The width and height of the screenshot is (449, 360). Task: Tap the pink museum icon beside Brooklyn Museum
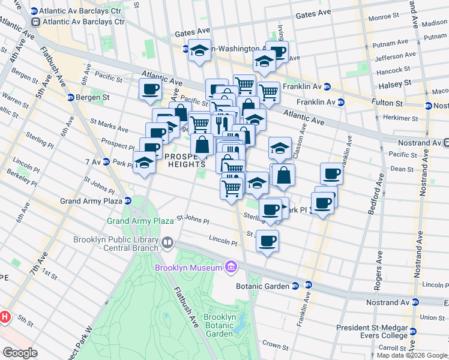[230, 266]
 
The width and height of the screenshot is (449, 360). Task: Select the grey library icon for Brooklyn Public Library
[167, 243]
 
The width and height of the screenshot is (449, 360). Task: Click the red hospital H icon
[5, 316]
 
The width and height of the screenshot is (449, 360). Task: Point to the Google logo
[20, 353]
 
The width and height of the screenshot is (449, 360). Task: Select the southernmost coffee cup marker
[267, 241]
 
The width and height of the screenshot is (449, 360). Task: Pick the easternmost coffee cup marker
[331, 174]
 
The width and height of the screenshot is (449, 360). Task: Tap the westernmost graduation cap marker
[143, 162]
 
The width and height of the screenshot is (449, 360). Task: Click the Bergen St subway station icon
[71, 97]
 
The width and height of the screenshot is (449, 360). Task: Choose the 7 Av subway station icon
[105, 161]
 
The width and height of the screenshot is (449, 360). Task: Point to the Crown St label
[276, 345]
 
